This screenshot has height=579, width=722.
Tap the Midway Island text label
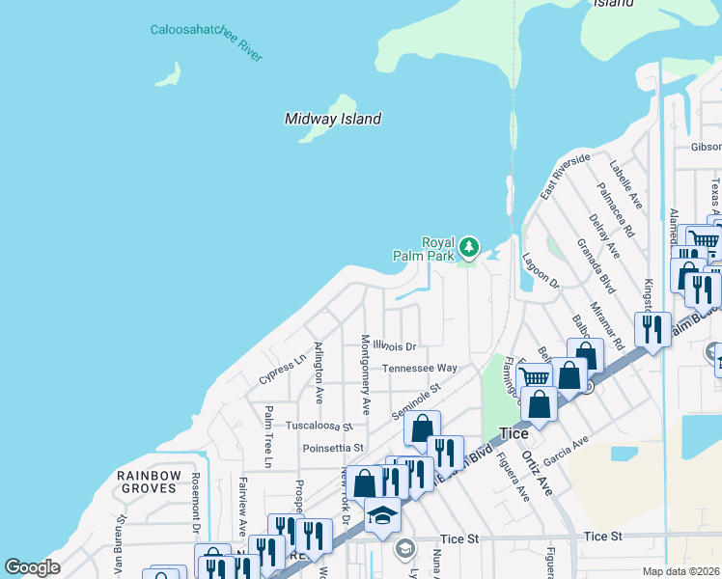[333, 119]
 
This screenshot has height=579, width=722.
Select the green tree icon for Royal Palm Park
[469, 248]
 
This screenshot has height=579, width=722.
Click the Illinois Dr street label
[395, 346]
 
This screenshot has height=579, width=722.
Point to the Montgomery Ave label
[366, 370]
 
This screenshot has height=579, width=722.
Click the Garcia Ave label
[566, 445]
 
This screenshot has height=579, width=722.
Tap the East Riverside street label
[565, 177]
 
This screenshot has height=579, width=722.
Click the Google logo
[32, 566]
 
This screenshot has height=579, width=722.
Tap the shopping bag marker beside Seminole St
[422, 427]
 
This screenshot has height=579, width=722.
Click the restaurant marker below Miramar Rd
[653, 330]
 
